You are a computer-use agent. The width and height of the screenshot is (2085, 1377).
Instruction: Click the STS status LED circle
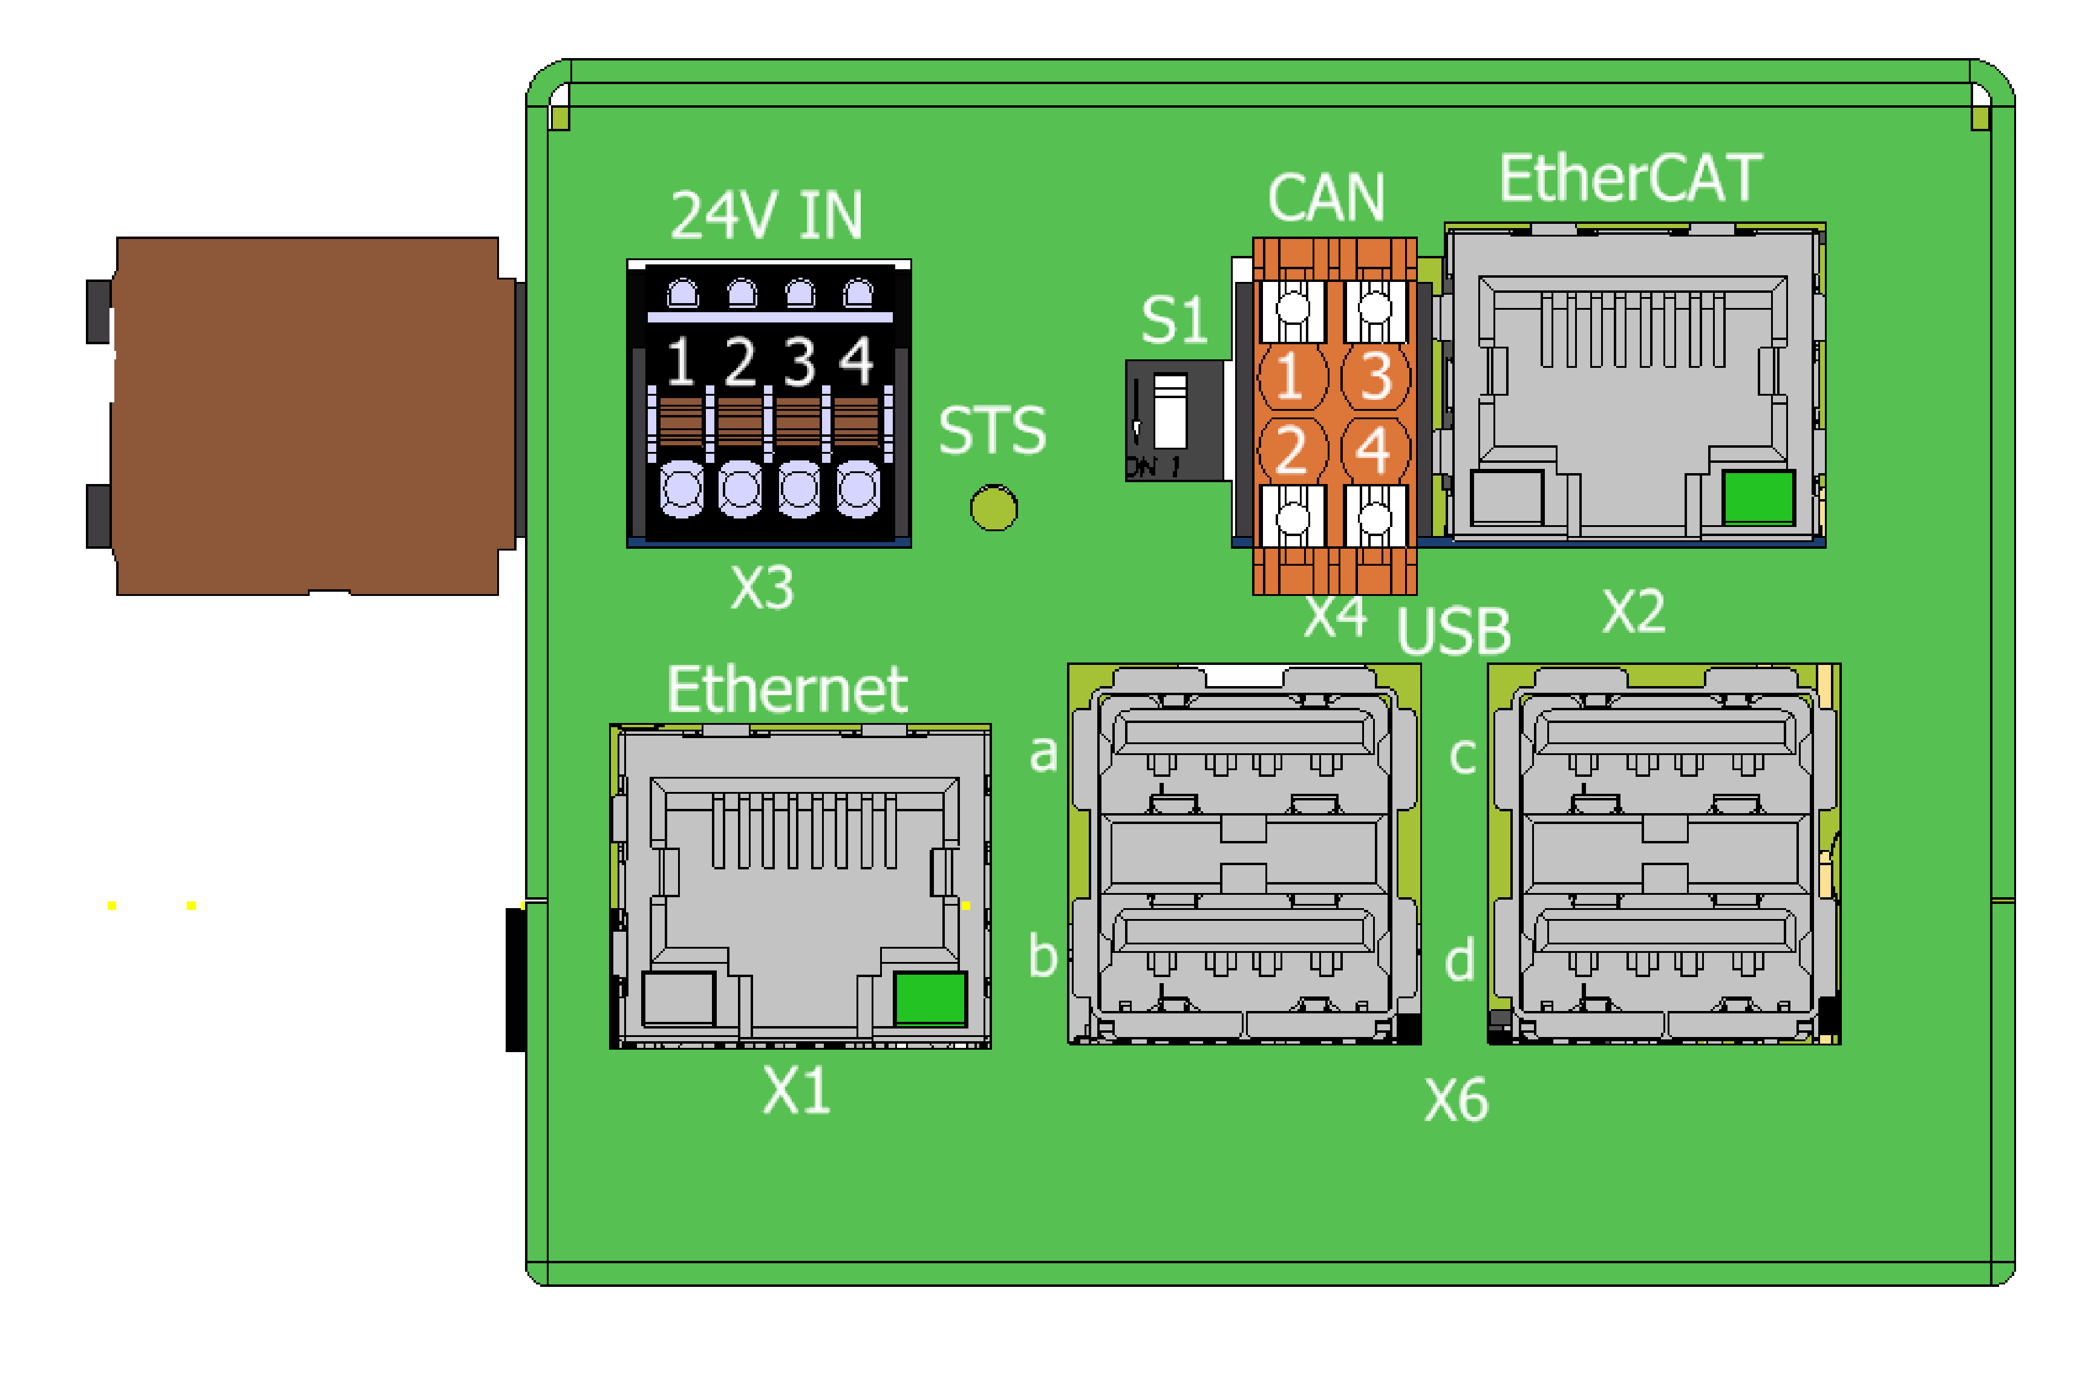pyautogui.click(x=994, y=508)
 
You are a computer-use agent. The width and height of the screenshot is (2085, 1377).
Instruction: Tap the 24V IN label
pyautogui.click(x=766, y=215)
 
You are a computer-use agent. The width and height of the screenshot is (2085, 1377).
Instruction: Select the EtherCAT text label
pyautogui.click(x=1630, y=178)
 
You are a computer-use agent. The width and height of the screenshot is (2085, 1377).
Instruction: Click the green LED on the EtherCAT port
pyautogui.click(x=1758, y=497)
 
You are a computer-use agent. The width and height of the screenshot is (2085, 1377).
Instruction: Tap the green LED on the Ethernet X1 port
pyautogui.click(x=930, y=998)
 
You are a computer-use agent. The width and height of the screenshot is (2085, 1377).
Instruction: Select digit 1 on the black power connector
pyautogui.click(x=681, y=361)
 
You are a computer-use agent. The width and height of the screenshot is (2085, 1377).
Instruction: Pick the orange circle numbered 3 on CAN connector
pyautogui.click(x=1375, y=377)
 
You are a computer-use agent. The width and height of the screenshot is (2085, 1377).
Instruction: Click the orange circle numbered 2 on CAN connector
pyautogui.click(x=1292, y=450)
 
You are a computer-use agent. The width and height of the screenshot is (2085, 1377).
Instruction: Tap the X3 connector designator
pyautogui.click(x=762, y=587)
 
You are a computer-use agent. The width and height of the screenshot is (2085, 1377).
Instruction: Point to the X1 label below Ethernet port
pyautogui.click(x=796, y=1091)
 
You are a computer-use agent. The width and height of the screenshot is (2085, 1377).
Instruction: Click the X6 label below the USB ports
pyautogui.click(x=1457, y=1101)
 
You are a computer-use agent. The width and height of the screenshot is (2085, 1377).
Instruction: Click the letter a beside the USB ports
pyautogui.click(x=1043, y=753)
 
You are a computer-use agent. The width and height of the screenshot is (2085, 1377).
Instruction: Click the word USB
pyautogui.click(x=1454, y=632)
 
